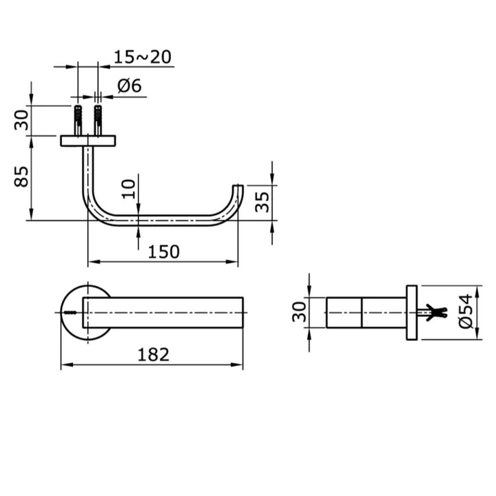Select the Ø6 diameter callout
(129, 86)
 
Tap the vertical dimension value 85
(22, 178)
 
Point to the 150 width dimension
(164, 251)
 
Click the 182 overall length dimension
(153, 354)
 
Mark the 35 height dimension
(262, 203)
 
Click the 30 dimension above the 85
(22, 121)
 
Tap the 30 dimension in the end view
(298, 312)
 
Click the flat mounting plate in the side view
(88, 141)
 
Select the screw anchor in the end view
(433, 312)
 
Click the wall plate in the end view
(412, 312)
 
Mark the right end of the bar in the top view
(242, 312)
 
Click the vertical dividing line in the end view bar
(361, 312)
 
